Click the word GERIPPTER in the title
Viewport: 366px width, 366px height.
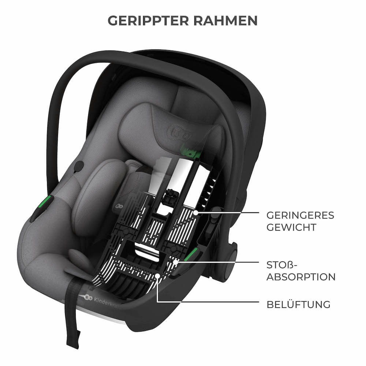point(148,21)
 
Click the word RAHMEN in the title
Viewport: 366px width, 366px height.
point(225,21)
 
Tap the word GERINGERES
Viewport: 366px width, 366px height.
point(300,216)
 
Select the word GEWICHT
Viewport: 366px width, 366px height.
point(291,227)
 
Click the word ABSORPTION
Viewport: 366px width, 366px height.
point(301,277)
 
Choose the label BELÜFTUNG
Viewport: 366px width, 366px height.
point(299,305)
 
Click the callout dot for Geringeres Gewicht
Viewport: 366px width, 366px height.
point(195,213)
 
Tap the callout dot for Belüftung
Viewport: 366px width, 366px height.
point(158,276)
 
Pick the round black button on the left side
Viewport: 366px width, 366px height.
point(79,165)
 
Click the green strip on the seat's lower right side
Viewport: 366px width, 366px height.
point(191,255)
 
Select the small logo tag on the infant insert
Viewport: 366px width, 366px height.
point(119,206)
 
